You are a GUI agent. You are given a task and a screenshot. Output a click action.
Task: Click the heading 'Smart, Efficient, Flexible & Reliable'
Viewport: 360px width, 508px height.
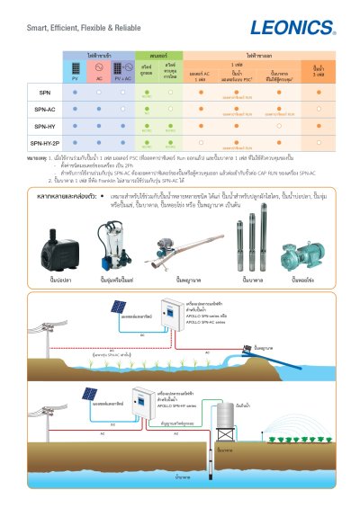tap(77, 29)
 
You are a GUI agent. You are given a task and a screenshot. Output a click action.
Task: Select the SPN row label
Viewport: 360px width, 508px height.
tap(45, 93)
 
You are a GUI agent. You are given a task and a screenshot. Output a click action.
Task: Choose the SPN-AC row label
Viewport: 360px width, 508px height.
tap(45, 109)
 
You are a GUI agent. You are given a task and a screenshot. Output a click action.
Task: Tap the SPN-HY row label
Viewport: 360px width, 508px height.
tap(45, 126)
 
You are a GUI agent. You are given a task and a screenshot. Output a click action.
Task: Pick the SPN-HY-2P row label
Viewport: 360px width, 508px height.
tap(45, 142)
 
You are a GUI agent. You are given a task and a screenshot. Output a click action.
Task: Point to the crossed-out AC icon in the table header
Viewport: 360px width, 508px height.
tap(98, 70)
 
